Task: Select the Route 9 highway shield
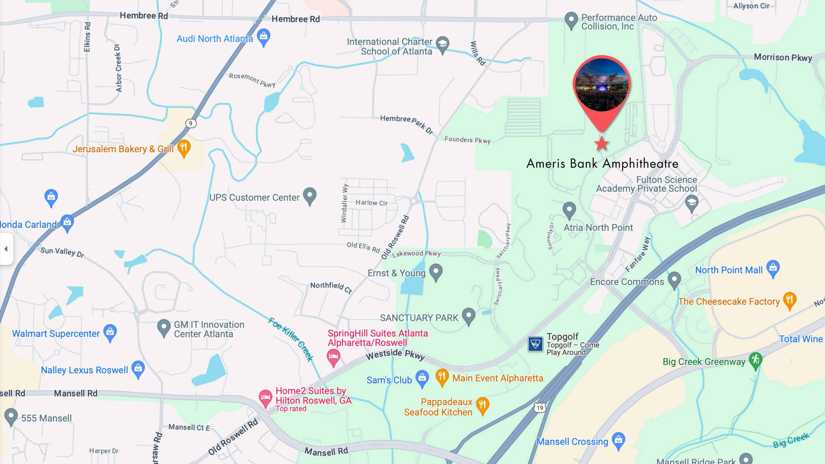coord(191,123)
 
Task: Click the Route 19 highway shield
coord(540,408)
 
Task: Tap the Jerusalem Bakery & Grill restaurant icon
coord(184,148)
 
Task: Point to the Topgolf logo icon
coord(535,344)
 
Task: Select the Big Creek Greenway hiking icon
coord(756,360)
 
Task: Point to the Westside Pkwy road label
coord(395,354)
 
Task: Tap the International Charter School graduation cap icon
coord(443,44)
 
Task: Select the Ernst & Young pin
coord(435,272)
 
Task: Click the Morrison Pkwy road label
coord(783,57)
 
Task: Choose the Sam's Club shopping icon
coord(422,378)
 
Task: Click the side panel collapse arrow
coord(6,249)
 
